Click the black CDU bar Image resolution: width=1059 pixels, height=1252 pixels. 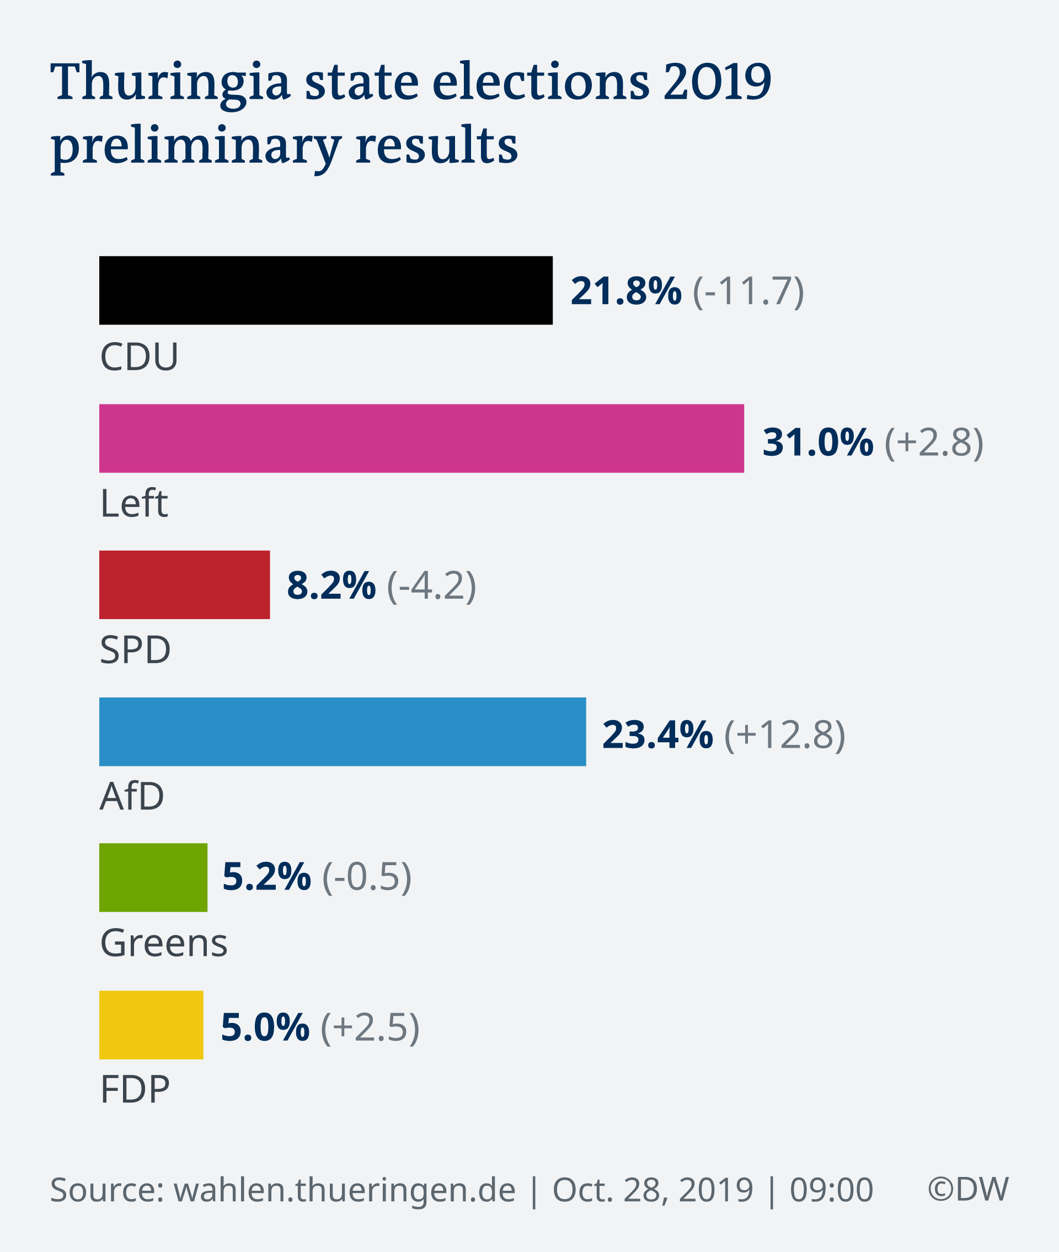(325, 291)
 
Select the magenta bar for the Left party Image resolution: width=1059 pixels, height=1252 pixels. (421, 438)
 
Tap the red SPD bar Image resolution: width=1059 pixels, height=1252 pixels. (184, 585)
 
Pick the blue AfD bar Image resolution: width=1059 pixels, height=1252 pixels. (342, 731)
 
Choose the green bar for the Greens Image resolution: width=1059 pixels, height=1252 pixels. (153, 877)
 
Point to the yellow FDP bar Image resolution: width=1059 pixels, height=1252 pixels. (151, 1025)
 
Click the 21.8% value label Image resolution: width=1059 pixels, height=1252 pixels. (625, 291)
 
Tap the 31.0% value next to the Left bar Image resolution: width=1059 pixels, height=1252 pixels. (817, 443)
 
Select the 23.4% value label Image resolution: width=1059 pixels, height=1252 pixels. (657, 734)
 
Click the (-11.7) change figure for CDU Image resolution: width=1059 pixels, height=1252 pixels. (748, 292)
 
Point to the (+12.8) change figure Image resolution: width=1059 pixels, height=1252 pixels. (785, 734)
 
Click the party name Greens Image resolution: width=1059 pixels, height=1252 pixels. (164, 943)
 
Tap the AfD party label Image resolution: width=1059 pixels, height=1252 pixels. (132, 796)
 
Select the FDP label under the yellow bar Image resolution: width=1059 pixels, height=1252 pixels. (135, 1089)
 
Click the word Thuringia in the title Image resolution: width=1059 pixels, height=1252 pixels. (170, 82)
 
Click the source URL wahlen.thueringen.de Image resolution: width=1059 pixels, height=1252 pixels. (345, 1189)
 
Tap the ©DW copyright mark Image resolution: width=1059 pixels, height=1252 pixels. (968, 1189)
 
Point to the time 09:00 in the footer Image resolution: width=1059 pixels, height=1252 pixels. (831, 1190)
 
